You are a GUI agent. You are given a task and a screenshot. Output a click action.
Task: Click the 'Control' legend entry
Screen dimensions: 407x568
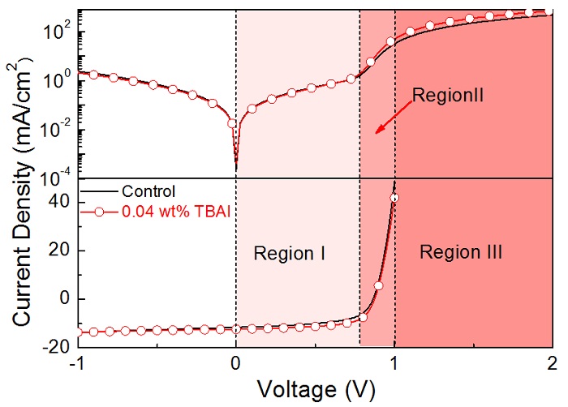148,192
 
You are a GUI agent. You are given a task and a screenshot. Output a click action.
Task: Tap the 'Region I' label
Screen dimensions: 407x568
290,253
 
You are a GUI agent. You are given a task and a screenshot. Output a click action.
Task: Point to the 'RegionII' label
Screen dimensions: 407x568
448,95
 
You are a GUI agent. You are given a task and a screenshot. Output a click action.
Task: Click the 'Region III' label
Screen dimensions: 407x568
461,253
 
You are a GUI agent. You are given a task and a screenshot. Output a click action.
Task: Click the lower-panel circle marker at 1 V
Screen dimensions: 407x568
394,197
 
